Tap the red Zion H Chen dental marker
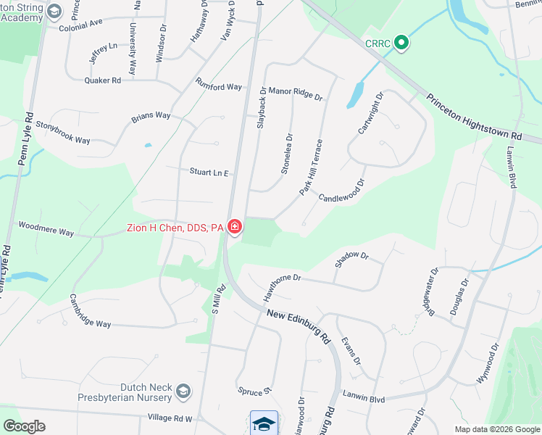[x=234, y=228]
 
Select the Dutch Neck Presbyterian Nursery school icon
[x=183, y=392]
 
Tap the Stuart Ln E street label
[x=209, y=173]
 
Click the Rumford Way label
[x=218, y=86]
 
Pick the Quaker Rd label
[x=102, y=80]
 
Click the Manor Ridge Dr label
[x=295, y=93]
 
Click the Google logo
[x=25, y=426]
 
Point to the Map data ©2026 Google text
[x=496, y=429]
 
